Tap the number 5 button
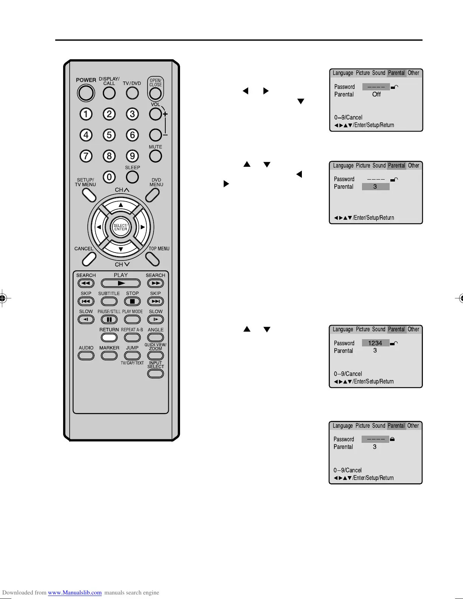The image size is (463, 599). [109, 135]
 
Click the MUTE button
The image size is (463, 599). [155, 156]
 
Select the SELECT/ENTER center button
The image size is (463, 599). [121, 227]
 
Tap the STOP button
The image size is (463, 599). [132, 301]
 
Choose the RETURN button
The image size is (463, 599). [109, 337]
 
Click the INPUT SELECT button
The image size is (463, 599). [155, 374]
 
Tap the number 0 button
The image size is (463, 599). [109, 177]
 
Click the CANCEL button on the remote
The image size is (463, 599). [89, 258]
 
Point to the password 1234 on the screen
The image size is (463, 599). [375, 343]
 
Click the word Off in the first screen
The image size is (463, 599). [376, 95]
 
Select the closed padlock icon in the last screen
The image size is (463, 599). [392, 439]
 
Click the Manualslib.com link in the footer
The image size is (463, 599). [75, 593]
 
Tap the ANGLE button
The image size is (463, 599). [155, 337]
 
